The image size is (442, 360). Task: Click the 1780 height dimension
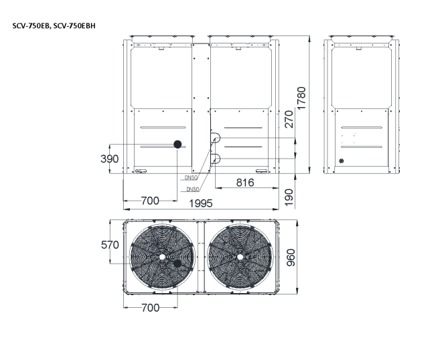[302, 100]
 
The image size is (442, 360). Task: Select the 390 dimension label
[110, 159]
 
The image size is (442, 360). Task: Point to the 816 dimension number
[246, 183]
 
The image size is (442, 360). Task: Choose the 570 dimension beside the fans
[110, 245]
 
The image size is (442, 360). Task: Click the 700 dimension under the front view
[150, 200]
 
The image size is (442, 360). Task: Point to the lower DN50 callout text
[194, 189]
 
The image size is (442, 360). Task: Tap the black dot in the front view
[178, 144]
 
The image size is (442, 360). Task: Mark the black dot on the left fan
[177, 264]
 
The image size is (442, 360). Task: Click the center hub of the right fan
[239, 256]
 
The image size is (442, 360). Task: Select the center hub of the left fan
[162, 256]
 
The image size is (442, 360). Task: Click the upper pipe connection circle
[216, 139]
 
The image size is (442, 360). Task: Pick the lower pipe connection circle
[216, 158]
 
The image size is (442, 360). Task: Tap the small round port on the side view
[341, 161]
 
